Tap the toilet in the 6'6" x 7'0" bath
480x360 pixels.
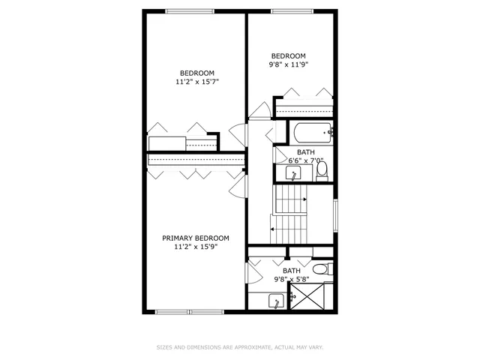[x=322, y=171]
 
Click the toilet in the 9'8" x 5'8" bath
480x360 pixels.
[x=320, y=268]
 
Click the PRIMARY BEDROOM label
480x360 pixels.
[x=196, y=238]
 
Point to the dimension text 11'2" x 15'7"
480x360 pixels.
[x=197, y=81]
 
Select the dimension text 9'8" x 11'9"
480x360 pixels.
[x=289, y=64]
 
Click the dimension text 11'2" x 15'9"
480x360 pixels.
[x=196, y=247]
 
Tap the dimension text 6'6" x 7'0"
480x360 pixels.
[x=305, y=160]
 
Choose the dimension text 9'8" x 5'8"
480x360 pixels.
[x=291, y=279]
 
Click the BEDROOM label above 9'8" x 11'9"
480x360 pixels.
[x=289, y=55]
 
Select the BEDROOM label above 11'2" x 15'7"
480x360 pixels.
[x=197, y=72]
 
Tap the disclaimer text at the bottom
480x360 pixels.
[x=240, y=347]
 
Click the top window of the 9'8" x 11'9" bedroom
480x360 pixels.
[x=291, y=10]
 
